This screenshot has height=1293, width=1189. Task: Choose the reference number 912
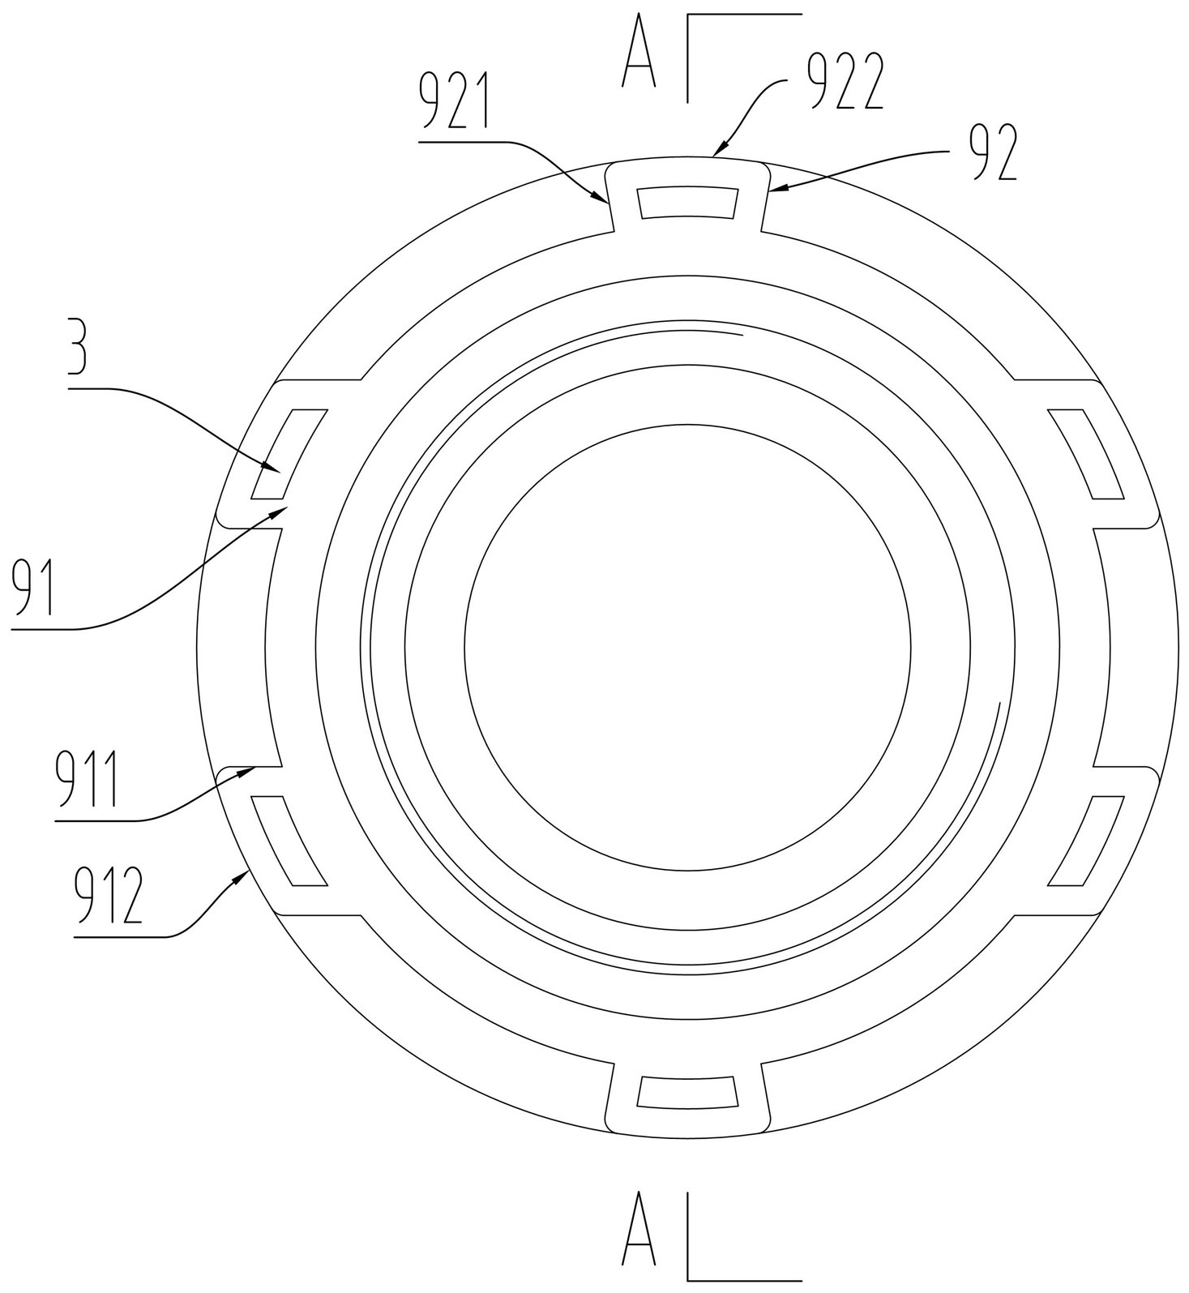tap(109, 896)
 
